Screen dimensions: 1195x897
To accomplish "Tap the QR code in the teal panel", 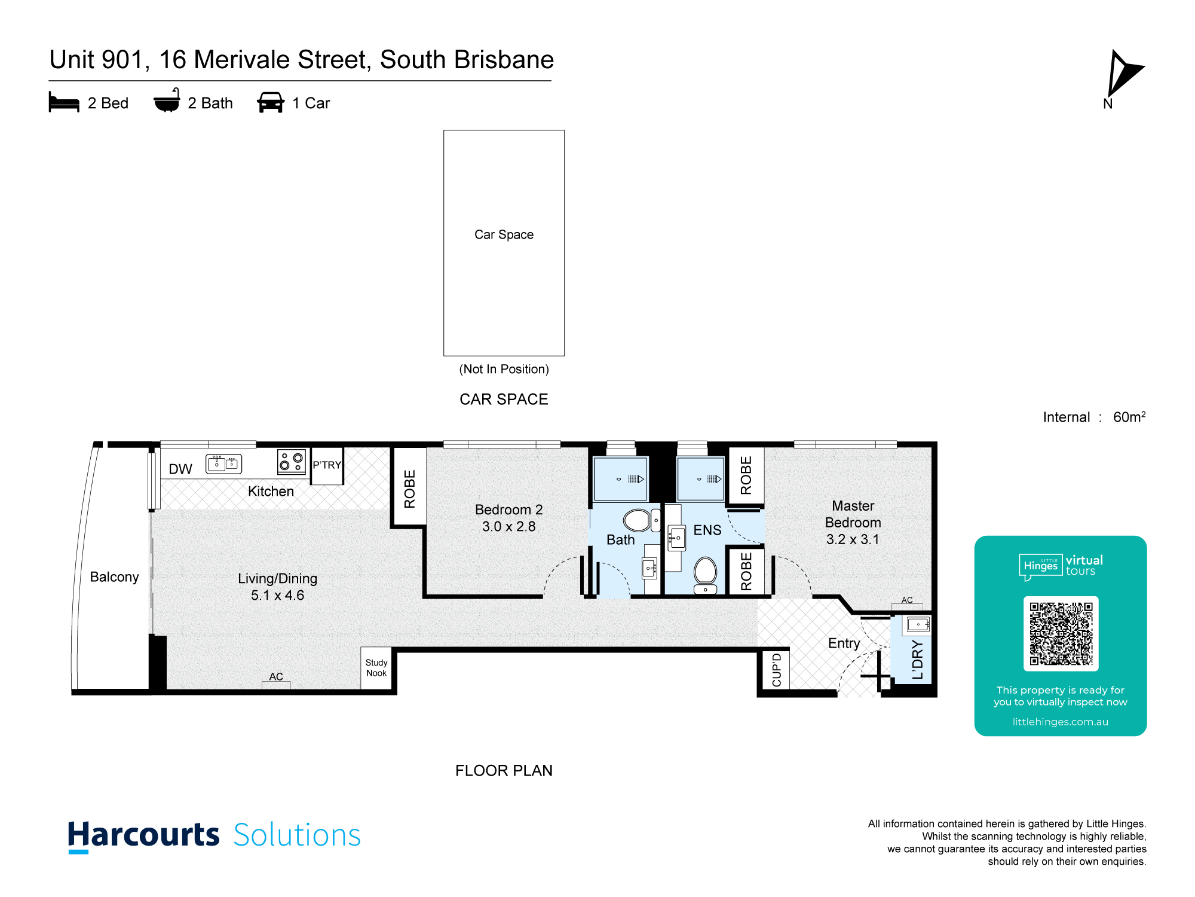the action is coord(1061,633).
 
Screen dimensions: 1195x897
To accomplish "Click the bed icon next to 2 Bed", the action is coord(64,102).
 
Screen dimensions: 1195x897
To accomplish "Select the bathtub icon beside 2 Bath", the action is coord(167,100).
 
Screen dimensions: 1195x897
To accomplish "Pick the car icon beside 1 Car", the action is coord(271,102).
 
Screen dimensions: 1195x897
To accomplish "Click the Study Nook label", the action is coord(376,668).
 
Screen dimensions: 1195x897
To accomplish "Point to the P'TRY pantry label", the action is coord(327,465).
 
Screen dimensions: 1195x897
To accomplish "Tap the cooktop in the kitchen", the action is coord(292,461).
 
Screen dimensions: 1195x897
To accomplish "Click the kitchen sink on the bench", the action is coord(224,463).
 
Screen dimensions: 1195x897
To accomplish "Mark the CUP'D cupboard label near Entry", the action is coord(777,670).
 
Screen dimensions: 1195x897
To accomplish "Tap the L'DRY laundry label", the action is coord(918,660).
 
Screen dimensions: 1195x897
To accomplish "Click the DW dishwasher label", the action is coord(180,469).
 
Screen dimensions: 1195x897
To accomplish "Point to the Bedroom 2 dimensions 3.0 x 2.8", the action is coord(509,527).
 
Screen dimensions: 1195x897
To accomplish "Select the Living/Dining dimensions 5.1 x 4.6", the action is coord(277,596).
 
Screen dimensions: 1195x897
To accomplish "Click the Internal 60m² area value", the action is coord(1129,417).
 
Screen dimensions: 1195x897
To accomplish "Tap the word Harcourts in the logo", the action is coord(143,835).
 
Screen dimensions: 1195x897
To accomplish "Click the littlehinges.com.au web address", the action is coord(1061,722).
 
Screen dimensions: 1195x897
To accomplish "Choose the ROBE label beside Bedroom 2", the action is coord(409,489).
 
